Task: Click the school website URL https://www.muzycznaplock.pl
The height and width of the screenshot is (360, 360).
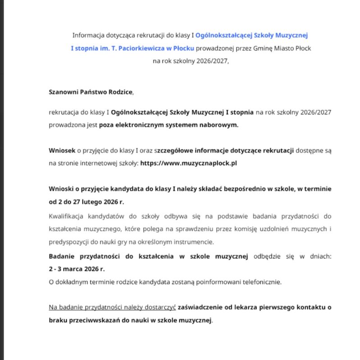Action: (189, 163)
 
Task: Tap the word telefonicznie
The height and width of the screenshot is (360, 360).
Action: (261, 282)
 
